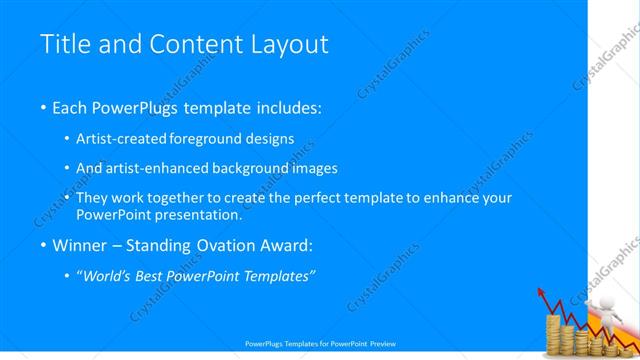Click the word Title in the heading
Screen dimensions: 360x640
(63, 44)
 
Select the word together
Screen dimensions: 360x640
(180, 198)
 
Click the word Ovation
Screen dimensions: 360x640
(227, 245)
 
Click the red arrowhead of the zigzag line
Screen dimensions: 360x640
(543, 293)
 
